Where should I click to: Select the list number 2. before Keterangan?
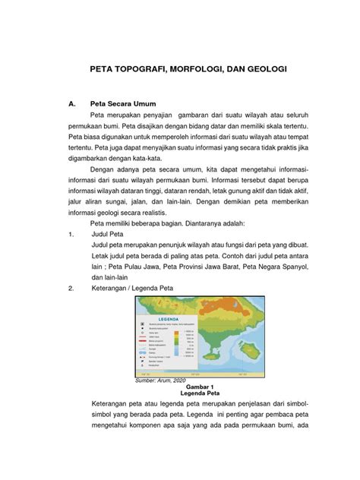71,289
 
